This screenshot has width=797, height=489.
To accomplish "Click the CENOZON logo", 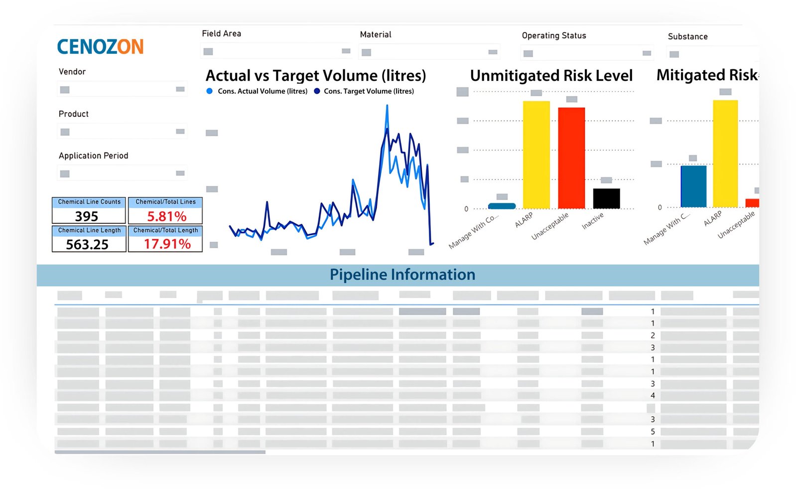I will (x=100, y=47).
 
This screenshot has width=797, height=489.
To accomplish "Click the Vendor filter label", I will (x=72, y=72).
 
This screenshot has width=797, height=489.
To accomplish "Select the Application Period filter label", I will (x=93, y=156).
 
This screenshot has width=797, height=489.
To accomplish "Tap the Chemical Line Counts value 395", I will (x=87, y=216).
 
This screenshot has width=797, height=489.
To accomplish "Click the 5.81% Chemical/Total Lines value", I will (x=166, y=216).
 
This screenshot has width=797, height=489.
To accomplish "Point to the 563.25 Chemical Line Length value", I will (x=87, y=244).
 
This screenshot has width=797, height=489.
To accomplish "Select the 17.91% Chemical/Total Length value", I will (x=167, y=244).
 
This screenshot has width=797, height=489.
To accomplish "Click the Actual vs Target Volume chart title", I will (x=316, y=76).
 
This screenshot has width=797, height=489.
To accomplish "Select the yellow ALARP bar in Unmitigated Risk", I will (x=536, y=155).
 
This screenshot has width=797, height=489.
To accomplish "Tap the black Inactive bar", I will (x=606, y=198).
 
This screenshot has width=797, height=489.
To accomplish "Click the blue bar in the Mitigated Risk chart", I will (x=693, y=186).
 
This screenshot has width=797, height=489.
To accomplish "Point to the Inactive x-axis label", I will (x=593, y=221).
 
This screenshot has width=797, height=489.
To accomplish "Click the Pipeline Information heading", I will (x=402, y=275).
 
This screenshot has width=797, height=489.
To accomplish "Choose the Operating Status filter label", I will (x=554, y=36).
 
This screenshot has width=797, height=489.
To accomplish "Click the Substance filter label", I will (x=687, y=37).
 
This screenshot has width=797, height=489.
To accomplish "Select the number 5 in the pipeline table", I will (x=653, y=432).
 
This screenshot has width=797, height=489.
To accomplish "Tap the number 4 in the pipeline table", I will (x=653, y=396).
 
